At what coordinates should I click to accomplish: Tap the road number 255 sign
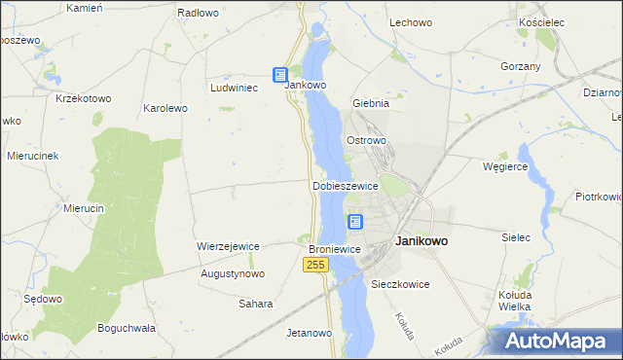(314, 265)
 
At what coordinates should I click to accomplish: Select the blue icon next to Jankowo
(280, 74)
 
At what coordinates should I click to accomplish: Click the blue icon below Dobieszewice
(355, 222)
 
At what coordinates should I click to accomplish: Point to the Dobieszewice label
(345, 185)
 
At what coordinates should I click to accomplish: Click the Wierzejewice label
(228, 246)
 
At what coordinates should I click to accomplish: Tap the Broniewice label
(335, 249)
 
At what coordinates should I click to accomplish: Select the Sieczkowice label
(400, 284)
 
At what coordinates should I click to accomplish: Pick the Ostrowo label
(367, 140)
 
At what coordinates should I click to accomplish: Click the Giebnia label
(371, 102)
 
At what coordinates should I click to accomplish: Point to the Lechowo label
(410, 21)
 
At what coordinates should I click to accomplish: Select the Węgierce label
(505, 166)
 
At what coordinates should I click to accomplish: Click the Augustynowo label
(232, 274)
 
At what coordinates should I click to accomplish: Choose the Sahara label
(255, 304)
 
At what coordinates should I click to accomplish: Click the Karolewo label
(165, 108)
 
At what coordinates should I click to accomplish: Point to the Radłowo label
(198, 14)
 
